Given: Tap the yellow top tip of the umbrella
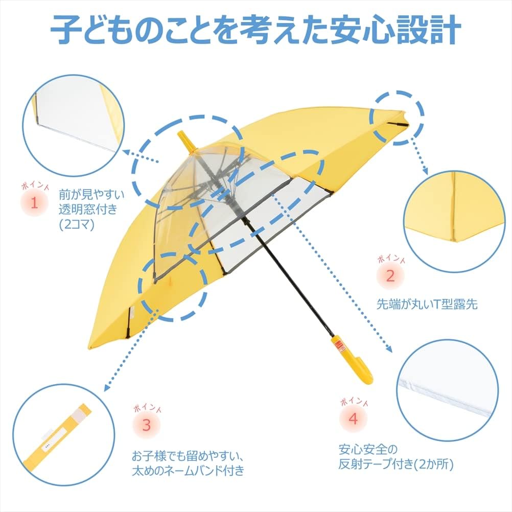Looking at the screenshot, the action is pyautogui.click(x=186, y=142).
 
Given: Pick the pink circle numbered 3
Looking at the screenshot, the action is pyautogui.click(x=146, y=425).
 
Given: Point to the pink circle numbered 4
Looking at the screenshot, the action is pyautogui.click(x=353, y=420).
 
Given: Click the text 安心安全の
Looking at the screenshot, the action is pyautogui.click(x=368, y=450).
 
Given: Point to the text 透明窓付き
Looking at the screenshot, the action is pyautogui.click(x=88, y=208).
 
